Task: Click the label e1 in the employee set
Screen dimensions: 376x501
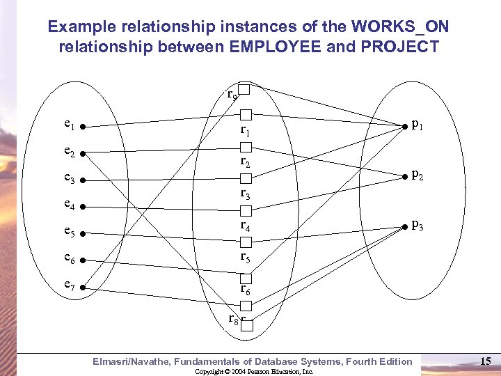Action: click(68, 125)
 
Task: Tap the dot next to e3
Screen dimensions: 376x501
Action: click(81, 180)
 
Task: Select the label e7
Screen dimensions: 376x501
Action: click(69, 285)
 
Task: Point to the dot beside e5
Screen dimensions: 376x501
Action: click(81, 233)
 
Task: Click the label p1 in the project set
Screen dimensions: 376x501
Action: click(417, 125)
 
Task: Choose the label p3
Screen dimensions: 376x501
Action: click(417, 225)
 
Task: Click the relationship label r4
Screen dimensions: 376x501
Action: click(246, 226)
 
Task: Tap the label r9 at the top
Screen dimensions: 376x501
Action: click(232, 93)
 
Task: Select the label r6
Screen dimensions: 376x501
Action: click(246, 288)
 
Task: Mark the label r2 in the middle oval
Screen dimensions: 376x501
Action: click(246, 162)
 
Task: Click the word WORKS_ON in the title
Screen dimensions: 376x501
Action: click(400, 27)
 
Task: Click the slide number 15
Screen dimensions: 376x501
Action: click(486, 361)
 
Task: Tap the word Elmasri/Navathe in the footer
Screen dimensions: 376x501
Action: click(132, 361)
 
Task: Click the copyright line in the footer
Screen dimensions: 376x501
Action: click(254, 372)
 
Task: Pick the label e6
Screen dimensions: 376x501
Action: click(69, 258)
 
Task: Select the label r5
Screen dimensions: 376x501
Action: click(246, 257)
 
